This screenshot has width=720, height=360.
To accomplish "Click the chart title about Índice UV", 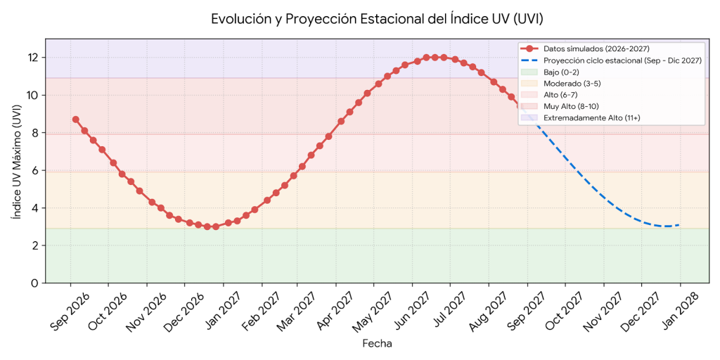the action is (x=377, y=19).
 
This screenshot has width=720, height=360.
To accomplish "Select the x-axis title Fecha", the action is (x=377, y=343).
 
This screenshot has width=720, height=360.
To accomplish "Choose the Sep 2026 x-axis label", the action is (x=70, y=311).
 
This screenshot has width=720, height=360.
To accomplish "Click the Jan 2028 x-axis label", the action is (x=679, y=311).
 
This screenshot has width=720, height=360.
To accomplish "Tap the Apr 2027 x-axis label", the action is (x=335, y=311).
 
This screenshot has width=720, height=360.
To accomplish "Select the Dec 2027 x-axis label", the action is (x=641, y=311).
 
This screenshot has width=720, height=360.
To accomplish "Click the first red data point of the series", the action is (x=76, y=120).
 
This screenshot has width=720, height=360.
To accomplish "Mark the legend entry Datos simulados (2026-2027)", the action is (x=586, y=49).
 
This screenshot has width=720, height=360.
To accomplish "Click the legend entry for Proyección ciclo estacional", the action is (x=611, y=60).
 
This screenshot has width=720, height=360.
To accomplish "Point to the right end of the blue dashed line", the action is (x=679, y=225).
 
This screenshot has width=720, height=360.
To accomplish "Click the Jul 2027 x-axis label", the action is (x=449, y=311).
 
